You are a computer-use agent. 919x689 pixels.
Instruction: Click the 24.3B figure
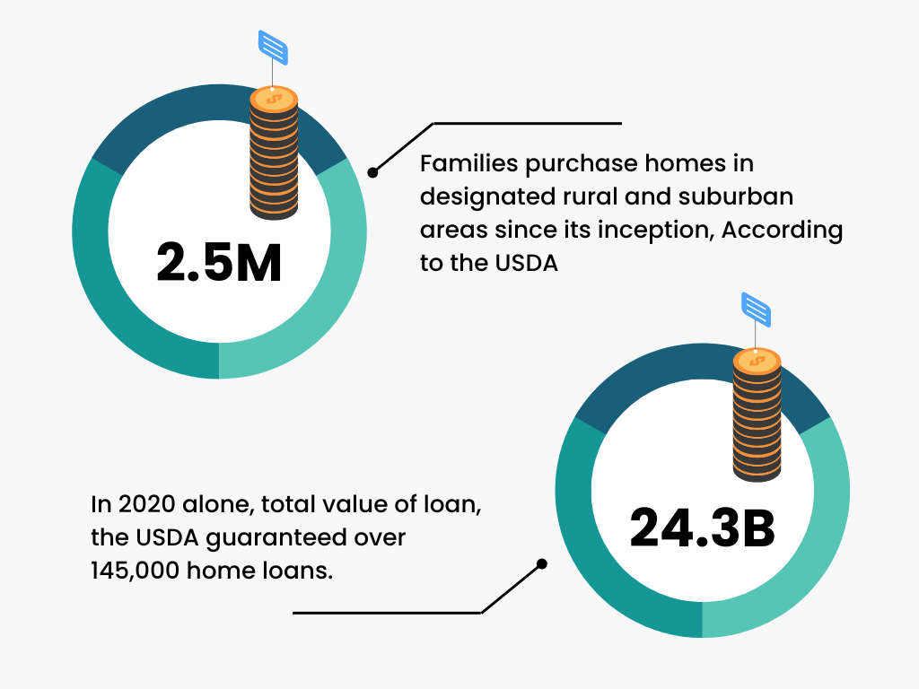[702, 528]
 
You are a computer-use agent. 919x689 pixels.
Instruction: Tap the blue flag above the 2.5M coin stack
[273, 47]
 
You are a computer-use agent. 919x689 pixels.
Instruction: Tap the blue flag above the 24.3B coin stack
[757, 309]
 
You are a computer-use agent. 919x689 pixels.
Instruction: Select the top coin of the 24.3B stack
[757, 361]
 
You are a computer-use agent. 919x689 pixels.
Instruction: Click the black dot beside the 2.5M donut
[373, 170]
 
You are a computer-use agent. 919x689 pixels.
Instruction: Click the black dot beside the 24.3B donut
[541, 564]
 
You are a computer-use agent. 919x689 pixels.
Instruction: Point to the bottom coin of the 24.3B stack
[757, 472]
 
